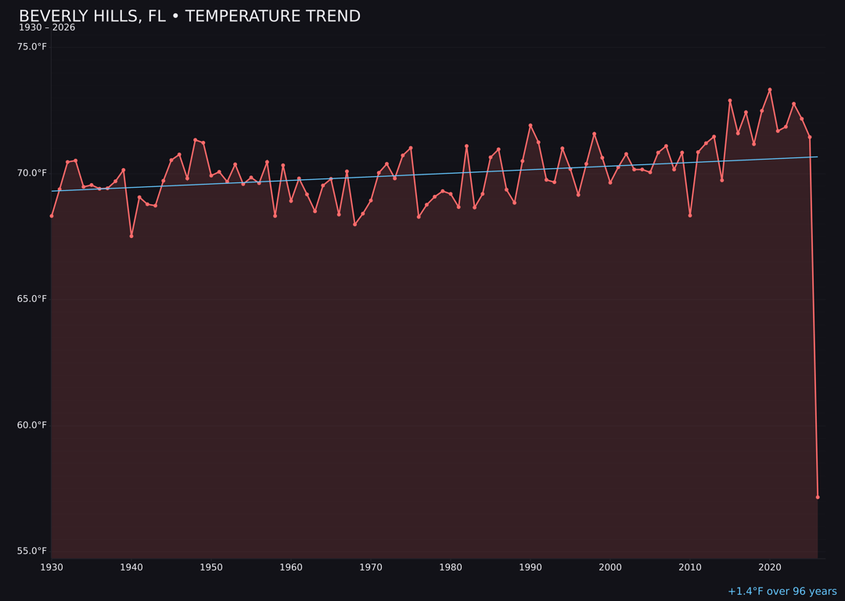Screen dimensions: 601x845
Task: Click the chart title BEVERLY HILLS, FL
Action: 189,16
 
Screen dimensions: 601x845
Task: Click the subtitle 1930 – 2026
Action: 47,28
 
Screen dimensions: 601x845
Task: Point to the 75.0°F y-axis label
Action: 32,47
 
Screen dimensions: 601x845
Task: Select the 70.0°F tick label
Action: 32,173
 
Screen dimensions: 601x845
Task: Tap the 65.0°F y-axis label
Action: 32,299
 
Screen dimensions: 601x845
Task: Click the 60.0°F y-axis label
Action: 32,425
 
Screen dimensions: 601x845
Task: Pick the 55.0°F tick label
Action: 32,551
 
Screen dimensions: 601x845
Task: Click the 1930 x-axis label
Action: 52,567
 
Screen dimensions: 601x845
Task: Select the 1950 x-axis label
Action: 211,567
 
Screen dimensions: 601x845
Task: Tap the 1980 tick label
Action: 451,567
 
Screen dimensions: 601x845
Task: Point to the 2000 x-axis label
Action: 610,567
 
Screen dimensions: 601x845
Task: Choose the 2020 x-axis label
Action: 770,567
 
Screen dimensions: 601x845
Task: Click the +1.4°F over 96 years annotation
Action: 782,592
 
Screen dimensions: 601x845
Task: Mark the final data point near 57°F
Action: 818,497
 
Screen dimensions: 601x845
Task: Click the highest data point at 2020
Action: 770,90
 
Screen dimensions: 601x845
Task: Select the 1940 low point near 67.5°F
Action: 131,236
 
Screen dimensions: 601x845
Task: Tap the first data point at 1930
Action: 52,216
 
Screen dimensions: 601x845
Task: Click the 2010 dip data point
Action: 690,215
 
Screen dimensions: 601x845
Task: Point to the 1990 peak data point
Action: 530,125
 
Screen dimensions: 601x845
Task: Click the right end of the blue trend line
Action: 818,157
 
